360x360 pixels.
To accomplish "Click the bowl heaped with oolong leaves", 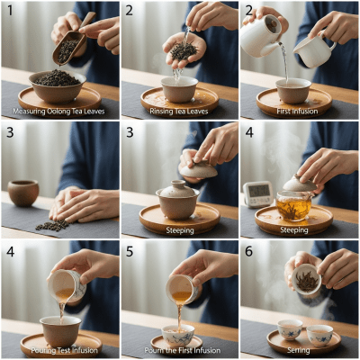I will coord(57,85).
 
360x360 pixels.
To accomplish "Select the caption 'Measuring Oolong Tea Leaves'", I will coord(59,112).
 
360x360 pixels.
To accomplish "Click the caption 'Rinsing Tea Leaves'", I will coord(179,112).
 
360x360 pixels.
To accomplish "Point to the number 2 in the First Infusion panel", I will coord(248,11).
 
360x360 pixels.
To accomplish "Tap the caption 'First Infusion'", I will coord(299,112).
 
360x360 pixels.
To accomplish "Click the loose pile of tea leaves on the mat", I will coord(51,224).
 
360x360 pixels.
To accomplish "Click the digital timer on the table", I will coord(257,193).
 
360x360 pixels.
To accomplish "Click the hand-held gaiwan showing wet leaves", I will coord(306,279).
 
